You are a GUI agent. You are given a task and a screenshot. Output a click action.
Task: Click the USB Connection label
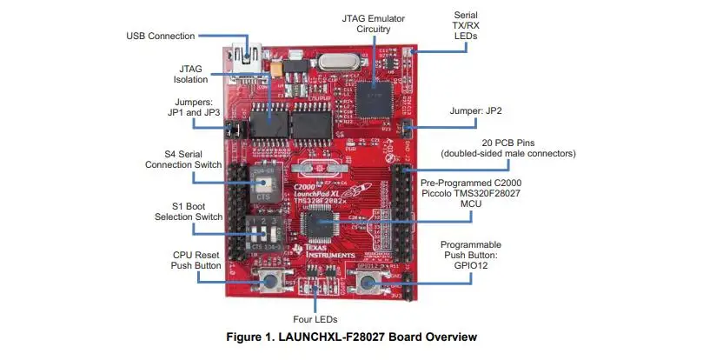pyautogui.click(x=160, y=36)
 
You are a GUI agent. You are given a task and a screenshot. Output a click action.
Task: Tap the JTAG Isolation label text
pyautogui.click(x=190, y=74)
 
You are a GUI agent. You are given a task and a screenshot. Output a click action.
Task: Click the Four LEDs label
pyautogui.click(x=314, y=318)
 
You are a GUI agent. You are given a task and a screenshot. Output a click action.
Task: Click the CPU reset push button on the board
pyautogui.click(x=272, y=282)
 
